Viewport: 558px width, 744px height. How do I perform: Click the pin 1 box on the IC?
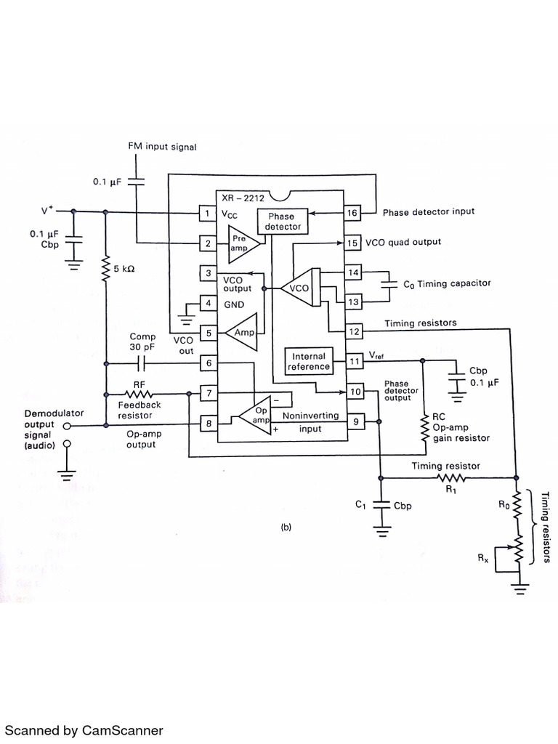208,213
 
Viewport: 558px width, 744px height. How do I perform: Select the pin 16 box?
352,213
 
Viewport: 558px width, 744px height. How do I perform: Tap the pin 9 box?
355,420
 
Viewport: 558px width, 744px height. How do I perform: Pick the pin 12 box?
355,331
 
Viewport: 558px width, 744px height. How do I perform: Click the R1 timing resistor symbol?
450,477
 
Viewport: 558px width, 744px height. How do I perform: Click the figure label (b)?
286,528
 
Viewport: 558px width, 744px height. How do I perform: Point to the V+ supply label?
47,211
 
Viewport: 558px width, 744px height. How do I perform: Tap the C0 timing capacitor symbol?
392,283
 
